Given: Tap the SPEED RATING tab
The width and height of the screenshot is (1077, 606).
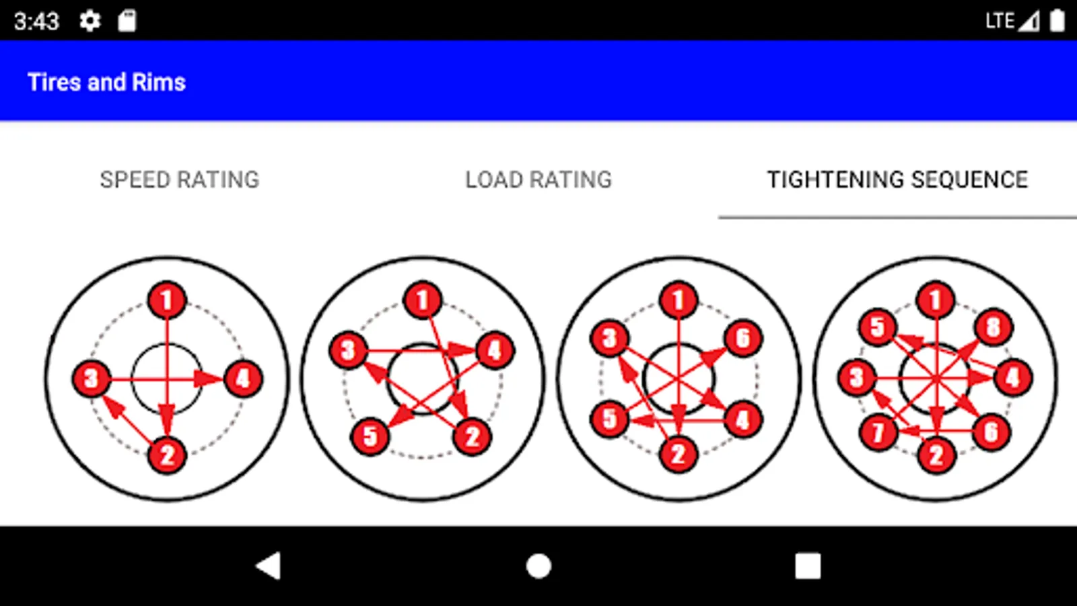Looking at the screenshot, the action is [179, 180].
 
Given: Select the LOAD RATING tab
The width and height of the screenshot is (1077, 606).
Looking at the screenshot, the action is [538, 180].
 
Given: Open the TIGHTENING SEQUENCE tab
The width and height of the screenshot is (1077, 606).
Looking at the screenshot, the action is [898, 180].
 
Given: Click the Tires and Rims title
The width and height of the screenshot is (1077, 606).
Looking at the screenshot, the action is [107, 82].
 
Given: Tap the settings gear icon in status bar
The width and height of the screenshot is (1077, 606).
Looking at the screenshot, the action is [90, 21].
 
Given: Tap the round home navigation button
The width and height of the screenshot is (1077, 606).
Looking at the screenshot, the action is [538, 566].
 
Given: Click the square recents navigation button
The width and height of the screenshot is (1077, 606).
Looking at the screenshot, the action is [808, 566].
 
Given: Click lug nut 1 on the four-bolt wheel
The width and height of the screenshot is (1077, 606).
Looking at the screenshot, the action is [167, 300].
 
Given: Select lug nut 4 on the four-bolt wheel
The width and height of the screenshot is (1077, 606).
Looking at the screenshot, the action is [243, 378].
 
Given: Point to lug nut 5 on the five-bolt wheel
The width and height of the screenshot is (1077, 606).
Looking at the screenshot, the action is [370, 437].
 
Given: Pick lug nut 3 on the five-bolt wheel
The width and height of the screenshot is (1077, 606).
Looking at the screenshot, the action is [349, 350].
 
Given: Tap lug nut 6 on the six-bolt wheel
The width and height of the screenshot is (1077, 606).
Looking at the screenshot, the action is [743, 338].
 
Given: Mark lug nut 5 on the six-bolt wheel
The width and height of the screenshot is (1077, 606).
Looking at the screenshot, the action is [610, 419].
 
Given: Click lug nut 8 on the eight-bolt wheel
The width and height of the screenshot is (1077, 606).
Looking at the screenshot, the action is [994, 327].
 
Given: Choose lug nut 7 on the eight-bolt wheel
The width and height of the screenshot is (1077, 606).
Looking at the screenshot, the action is [878, 432].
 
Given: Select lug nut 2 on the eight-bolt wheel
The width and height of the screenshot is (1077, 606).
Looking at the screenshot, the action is [936, 455].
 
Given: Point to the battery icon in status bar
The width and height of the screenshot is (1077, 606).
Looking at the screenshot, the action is [1057, 21].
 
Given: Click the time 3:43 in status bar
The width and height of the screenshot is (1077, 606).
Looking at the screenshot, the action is [36, 22].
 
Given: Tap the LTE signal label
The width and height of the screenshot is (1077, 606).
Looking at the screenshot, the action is [1000, 21].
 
